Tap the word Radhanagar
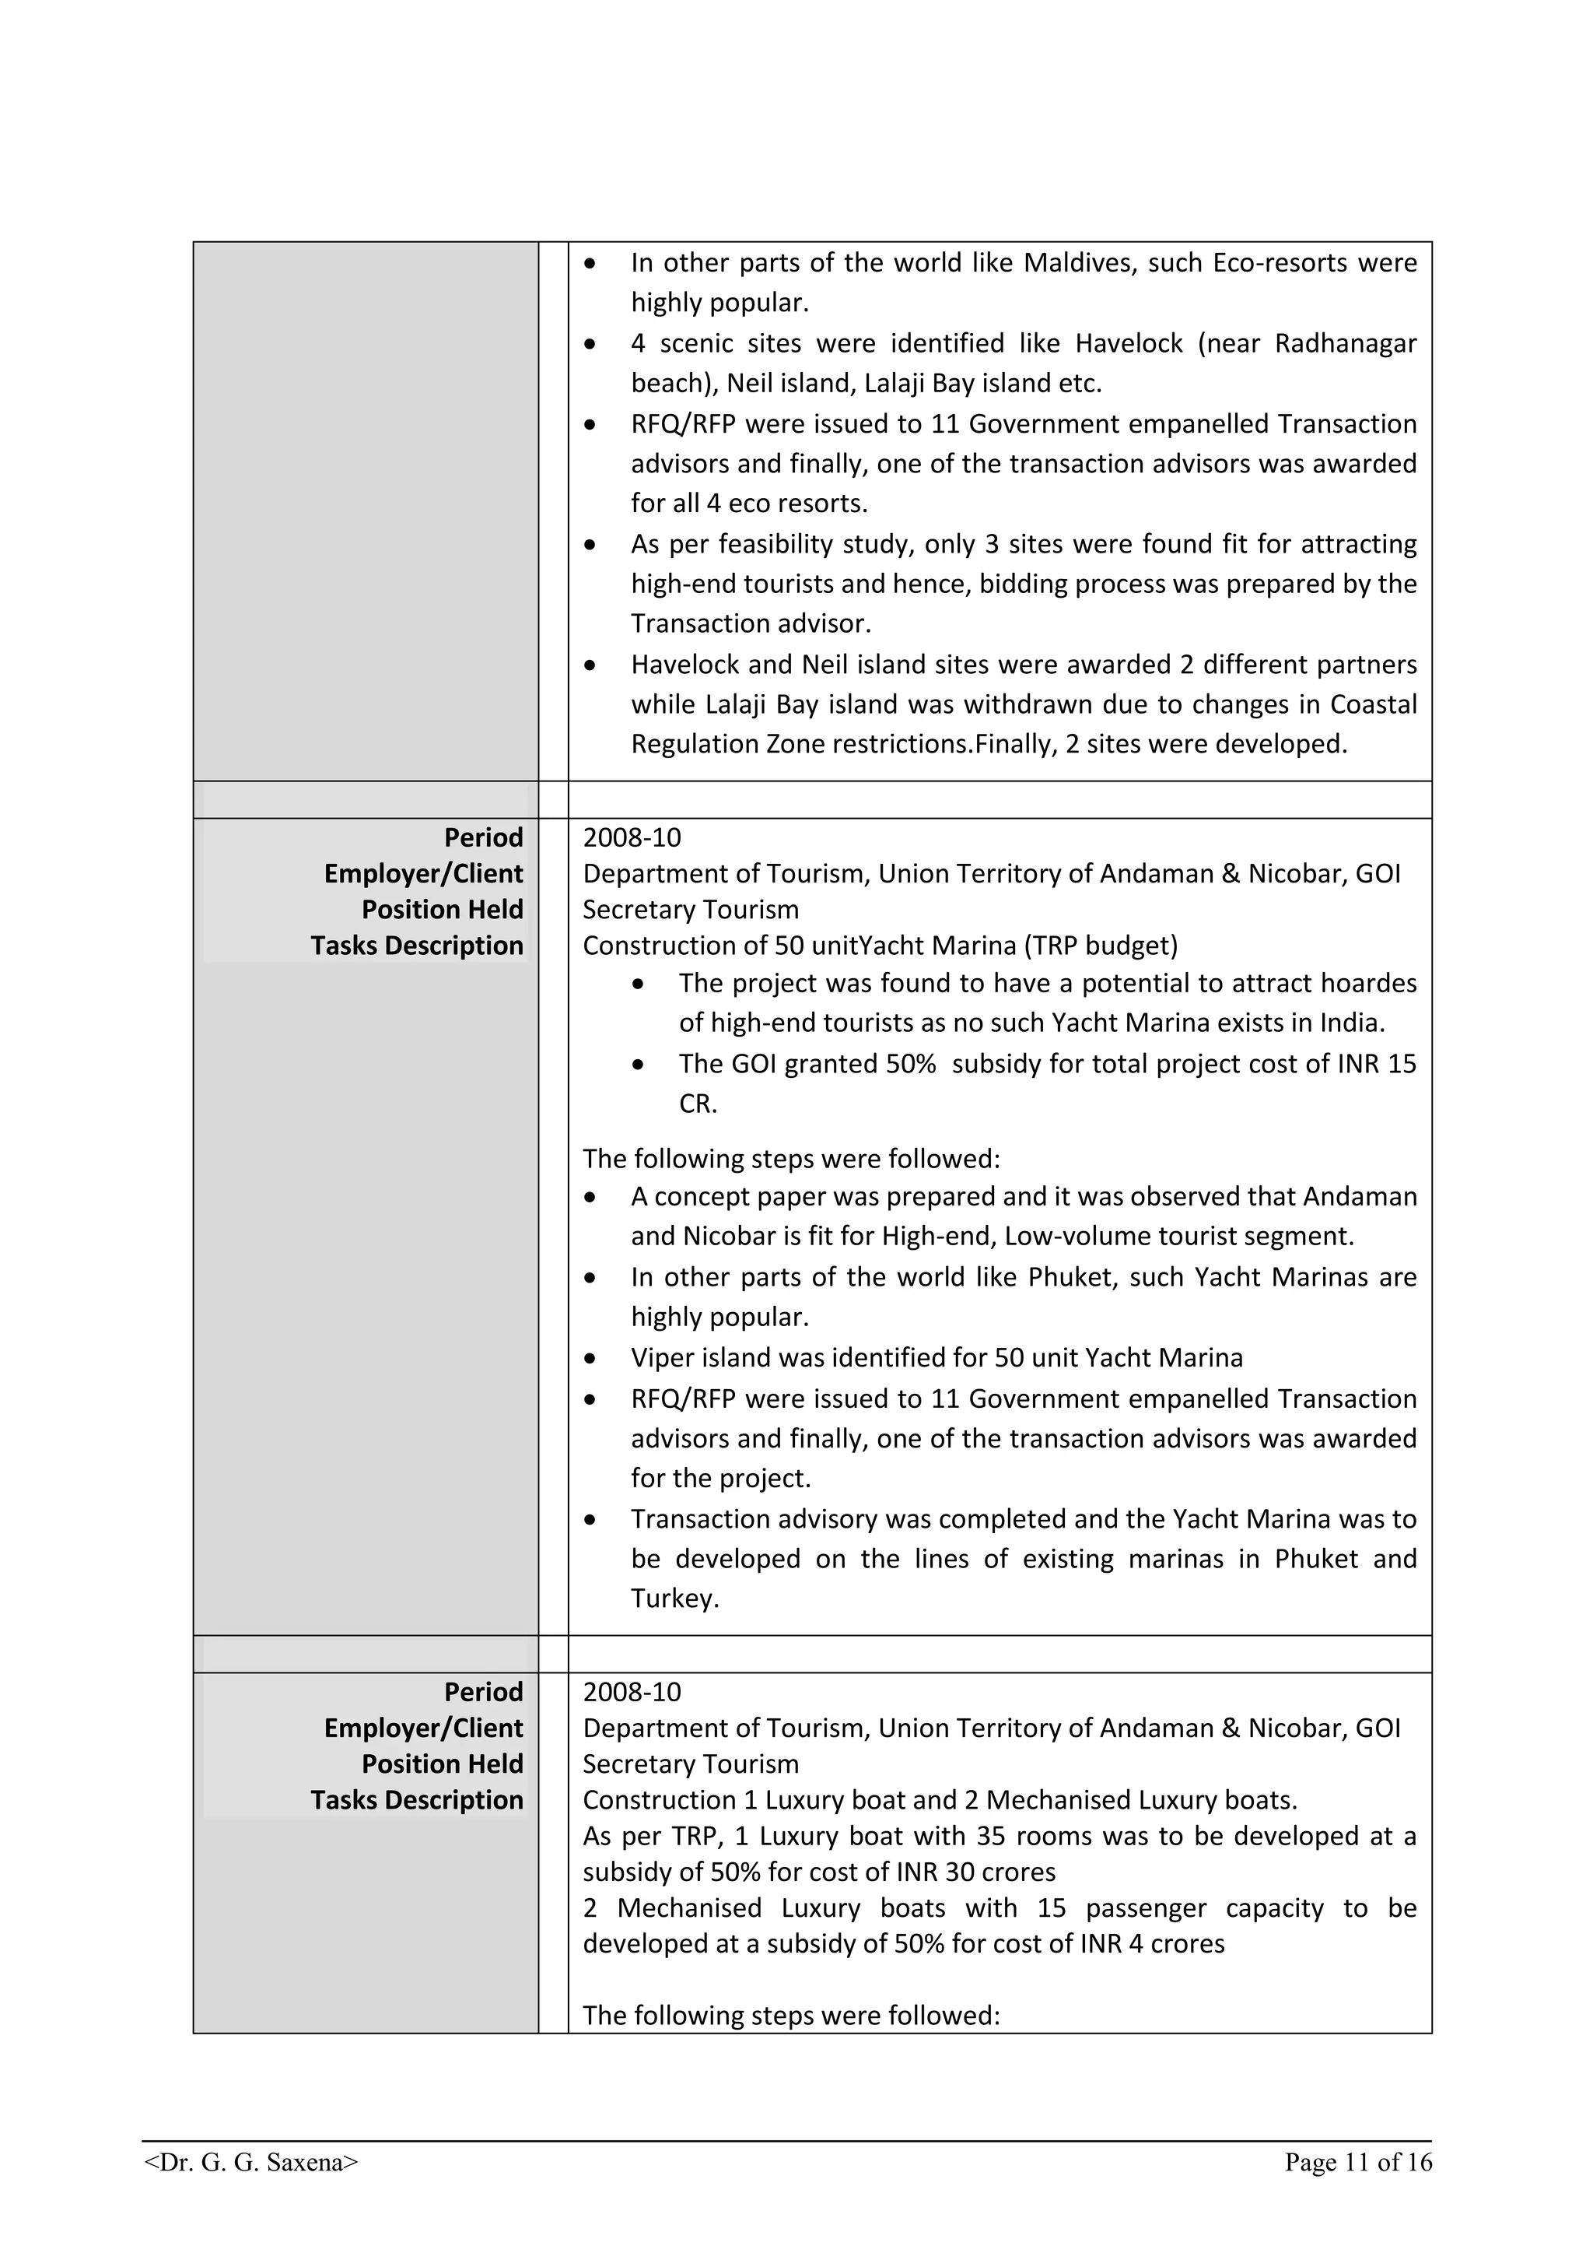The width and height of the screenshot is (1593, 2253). tap(1345, 343)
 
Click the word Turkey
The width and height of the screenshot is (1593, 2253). tap(675, 1599)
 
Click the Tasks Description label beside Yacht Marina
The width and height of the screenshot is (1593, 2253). tap(417, 946)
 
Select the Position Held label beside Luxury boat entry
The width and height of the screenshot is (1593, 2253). tap(443, 1764)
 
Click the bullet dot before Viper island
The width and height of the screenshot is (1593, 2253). tap(590, 1359)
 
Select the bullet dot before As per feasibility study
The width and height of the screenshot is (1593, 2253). tap(590, 545)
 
